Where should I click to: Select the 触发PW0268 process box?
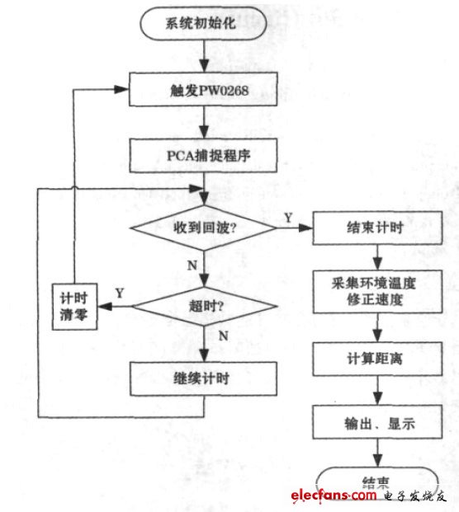(x=203, y=89)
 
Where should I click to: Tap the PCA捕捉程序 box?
(x=203, y=154)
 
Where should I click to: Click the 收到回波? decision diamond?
(x=203, y=228)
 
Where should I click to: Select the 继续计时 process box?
(x=203, y=380)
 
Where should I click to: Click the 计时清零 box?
(x=73, y=306)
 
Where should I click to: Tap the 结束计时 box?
(x=376, y=228)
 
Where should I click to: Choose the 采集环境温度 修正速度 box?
(x=376, y=291)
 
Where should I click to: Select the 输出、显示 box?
(x=376, y=425)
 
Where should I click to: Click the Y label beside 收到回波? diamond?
(x=287, y=217)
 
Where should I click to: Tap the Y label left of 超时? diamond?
(x=120, y=293)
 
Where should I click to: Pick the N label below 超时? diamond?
(x=222, y=337)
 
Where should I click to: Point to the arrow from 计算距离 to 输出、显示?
(x=376, y=392)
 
